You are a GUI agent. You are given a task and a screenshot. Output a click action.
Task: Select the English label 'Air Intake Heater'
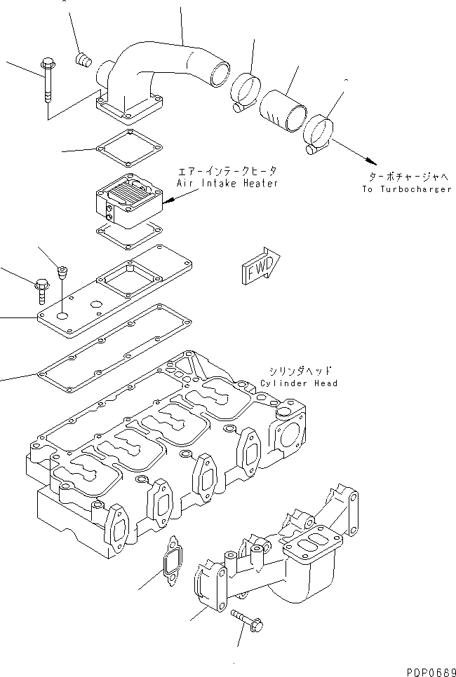227,184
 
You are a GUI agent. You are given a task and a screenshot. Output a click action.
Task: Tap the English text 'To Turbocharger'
407,189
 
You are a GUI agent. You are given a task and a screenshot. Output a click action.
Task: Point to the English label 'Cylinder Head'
298,383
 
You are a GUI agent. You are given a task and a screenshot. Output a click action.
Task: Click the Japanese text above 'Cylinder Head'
299,371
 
